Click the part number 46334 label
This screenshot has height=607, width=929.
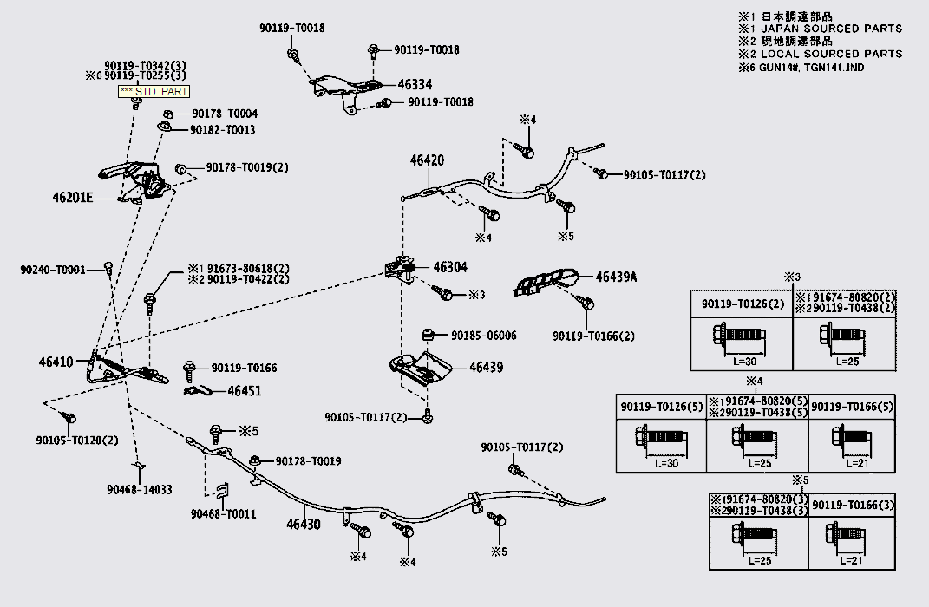[415, 85]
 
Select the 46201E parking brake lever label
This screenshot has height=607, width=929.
[71, 198]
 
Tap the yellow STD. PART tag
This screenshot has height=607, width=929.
[153, 91]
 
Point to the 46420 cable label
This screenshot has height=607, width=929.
[427, 160]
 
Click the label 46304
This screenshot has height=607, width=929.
[450, 267]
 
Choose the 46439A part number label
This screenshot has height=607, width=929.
[616, 277]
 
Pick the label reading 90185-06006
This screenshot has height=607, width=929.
[483, 336]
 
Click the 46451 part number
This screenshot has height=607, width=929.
[245, 391]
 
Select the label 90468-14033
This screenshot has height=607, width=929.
[139, 490]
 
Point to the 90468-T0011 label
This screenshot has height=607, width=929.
[223, 514]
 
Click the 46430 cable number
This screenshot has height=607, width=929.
[304, 525]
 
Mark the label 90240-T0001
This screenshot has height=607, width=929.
[52, 270]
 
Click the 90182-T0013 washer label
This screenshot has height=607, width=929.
[222, 130]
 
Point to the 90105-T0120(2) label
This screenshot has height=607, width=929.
[77, 440]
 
